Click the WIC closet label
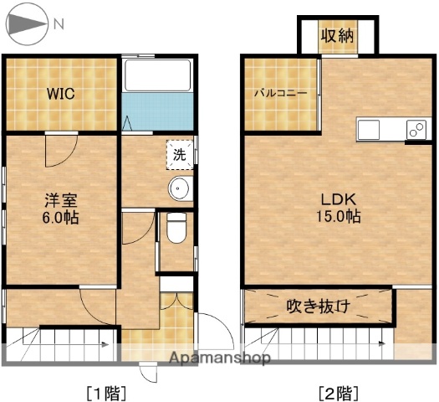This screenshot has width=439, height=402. [60, 94]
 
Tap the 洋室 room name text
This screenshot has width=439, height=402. [60, 201]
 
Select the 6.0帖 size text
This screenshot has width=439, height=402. [61, 218]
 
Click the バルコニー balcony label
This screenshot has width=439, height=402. [281, 93]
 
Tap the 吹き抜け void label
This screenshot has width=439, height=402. [318, 307]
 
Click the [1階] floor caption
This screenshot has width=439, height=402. [105, 390]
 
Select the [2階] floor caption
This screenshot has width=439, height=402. [339, 390]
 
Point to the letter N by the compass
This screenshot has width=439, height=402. [59, 24]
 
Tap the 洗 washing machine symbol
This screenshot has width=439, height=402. [180, 154]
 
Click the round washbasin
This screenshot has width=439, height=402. [179, 189]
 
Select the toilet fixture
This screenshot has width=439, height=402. [176, 227]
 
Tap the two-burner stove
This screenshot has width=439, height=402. [416, 130]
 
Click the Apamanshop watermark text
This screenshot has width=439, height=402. [219, 358]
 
